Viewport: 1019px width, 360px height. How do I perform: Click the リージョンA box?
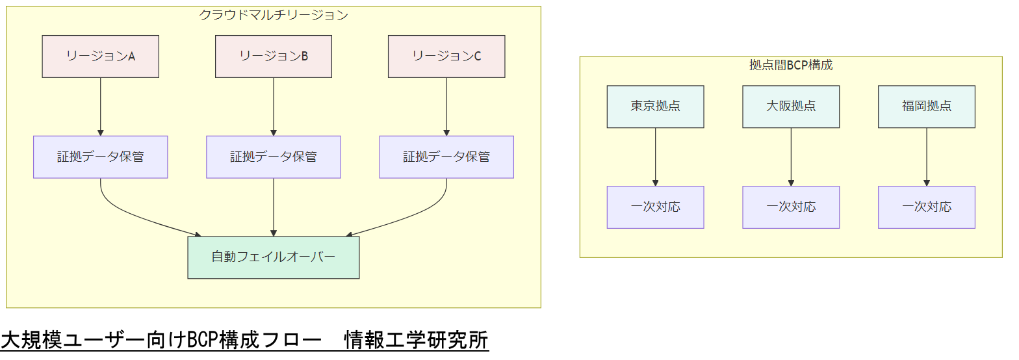click(100, 57)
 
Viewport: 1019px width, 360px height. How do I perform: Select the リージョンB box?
click(273, 57)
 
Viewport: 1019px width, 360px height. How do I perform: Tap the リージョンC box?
click(446, 57)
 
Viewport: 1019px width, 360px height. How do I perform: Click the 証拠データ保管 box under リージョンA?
click(100, 157)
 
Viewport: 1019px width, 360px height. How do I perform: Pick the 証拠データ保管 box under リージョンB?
click(273, 157)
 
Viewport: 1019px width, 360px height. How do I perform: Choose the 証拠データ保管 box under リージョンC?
click(446, 157)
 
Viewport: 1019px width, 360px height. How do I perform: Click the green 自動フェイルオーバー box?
click(273, 257)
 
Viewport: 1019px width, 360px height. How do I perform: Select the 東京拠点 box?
click(655, 107)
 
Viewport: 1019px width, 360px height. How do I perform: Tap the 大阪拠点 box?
click(791, 107)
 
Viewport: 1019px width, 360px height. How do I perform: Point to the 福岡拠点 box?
click(926, 107)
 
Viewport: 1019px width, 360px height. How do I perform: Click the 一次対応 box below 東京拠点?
click(655, 207)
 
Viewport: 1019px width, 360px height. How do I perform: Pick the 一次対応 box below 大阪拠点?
click(791, 207)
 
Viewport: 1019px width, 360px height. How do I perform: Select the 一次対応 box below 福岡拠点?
click(926, 207)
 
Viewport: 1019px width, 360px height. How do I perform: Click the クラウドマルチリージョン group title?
click(273, 15)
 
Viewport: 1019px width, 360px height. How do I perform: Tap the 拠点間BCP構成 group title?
click(791, 65)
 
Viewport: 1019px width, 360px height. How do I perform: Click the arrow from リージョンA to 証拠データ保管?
click(100, 107)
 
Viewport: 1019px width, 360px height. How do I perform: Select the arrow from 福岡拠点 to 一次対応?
click(926, 157)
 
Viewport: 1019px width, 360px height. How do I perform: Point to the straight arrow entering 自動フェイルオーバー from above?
click(273, 207)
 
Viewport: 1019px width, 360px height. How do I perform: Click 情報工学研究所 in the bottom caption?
click(416, 340)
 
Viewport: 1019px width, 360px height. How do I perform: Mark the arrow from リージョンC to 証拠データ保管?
click(446, 107)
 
